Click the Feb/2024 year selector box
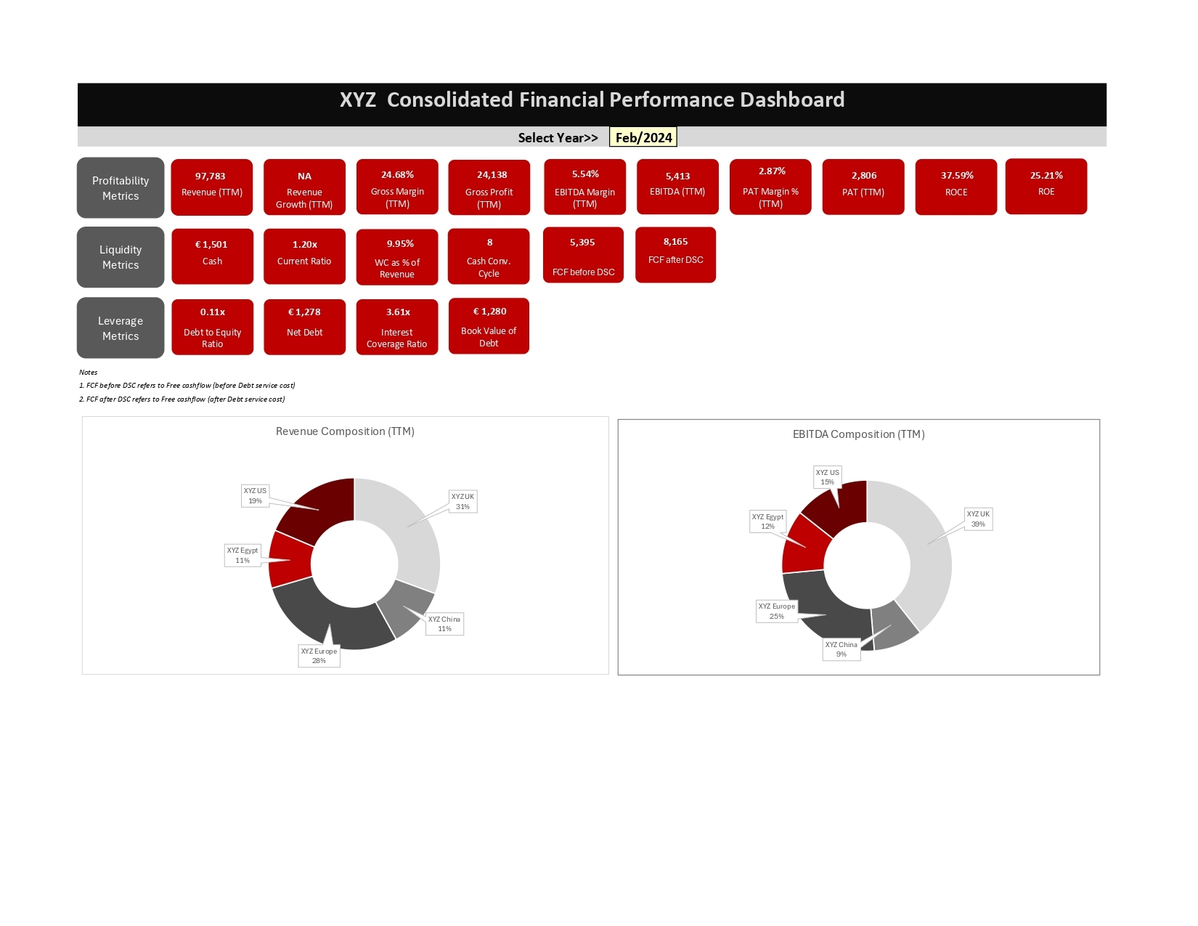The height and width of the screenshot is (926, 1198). tap(643, 137)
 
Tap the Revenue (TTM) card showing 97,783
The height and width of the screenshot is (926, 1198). tap(212, 187)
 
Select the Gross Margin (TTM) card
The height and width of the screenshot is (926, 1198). tap(397, 187)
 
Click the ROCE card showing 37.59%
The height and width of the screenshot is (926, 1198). tap(956, 187)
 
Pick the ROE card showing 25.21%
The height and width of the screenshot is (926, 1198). tap(1046, 187)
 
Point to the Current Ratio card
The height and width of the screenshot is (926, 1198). tap(304, 256)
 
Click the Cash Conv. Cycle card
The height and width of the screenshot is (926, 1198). tap(489, 256)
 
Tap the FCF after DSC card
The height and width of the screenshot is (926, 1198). tap(675, 255)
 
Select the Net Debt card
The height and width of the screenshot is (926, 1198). tap(304, 327)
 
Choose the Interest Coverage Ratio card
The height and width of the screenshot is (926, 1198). tap(397, 327)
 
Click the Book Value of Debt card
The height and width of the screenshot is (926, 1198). tap(489, 326)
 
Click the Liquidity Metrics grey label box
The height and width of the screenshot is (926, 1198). tap(121, 257)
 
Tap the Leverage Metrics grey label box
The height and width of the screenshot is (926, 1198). tap(121, 328)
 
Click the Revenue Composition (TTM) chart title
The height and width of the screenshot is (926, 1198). tap(345, 431)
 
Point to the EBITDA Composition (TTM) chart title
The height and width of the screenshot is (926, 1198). tap(858, 434)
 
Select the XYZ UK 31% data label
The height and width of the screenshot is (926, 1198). tap(463, 501)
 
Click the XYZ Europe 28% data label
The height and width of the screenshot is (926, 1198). tap(319, 656)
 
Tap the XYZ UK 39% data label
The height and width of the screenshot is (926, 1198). tap(978, 519)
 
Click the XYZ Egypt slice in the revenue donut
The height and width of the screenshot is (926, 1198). tap(290, 560)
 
